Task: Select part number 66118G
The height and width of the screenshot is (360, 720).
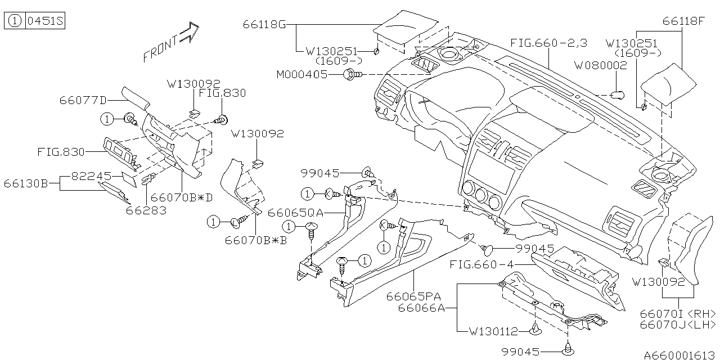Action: pyautogui.click(x=264, y=25)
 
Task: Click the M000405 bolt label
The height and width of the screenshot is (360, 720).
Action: pyautogui.click(x=301, y=74)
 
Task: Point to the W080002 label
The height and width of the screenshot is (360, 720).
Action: pyautogui.click(x=600, y=65)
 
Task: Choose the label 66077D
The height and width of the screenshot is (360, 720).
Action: pyautogui.click(x=83, y=101)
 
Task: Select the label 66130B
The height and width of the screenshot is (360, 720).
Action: pyautogui.click(x=25, y=183)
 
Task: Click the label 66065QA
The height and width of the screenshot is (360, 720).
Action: pyautogui.click(x=296, y=213)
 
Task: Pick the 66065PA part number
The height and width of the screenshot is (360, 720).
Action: pyautogui.click(x=413, y=296)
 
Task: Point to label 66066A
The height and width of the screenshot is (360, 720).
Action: pyautogui.click(x=421, y=308)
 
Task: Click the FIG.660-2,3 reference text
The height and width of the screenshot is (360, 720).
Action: pyautogui.click(x=549, y=43)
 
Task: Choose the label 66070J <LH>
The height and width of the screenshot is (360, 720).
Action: pyautogui.click(x=677, y=325)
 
